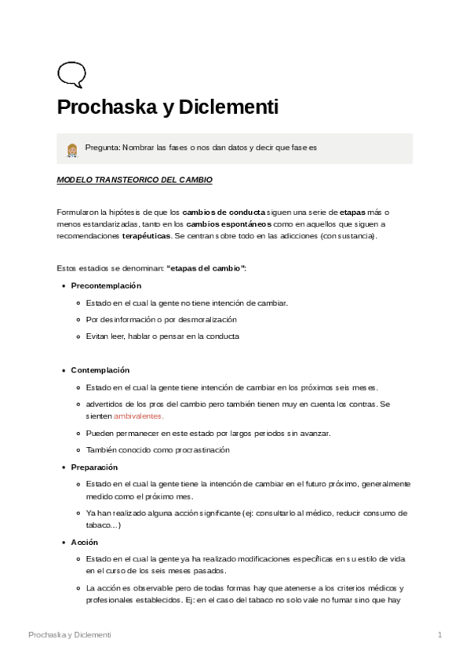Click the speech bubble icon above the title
pyautogui.click(x=71, y=74)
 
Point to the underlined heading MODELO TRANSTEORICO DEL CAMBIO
pyautogui.click(x=134, y=180)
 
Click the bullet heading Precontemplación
pyautogui.click(x=106, y=285)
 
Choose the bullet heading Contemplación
pyautogui.click(x=100, y=370)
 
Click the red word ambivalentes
pyautogui.click(x=138, y=416)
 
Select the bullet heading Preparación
pyautogui.click(x=95, y=467)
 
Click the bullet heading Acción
pyautogui.click(x=85, y=543)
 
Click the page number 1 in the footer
pyautogui.click(x=440, y=634)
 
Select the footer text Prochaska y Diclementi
pyautogui.click(x=69, y=634)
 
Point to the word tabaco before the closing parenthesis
pyautogui.click(x=98, y=526)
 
